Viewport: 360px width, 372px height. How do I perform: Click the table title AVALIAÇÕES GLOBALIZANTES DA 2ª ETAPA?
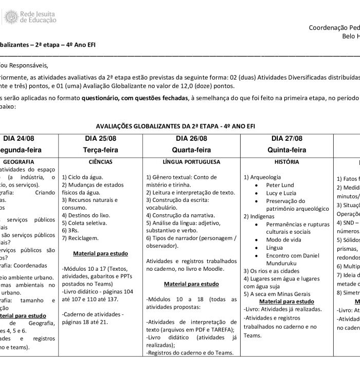pyautogui.click(x=175, y=126)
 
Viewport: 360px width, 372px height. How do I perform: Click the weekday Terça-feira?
pyautogui.click(x=100, y=150)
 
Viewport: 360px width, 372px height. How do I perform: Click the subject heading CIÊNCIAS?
pyautogui.click(x=100, y=162)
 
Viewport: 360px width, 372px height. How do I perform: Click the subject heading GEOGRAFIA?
pyautogui.click(x=19, y=162)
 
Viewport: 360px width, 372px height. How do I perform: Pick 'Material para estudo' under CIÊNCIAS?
pyautogui.click(x=100, y=254)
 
